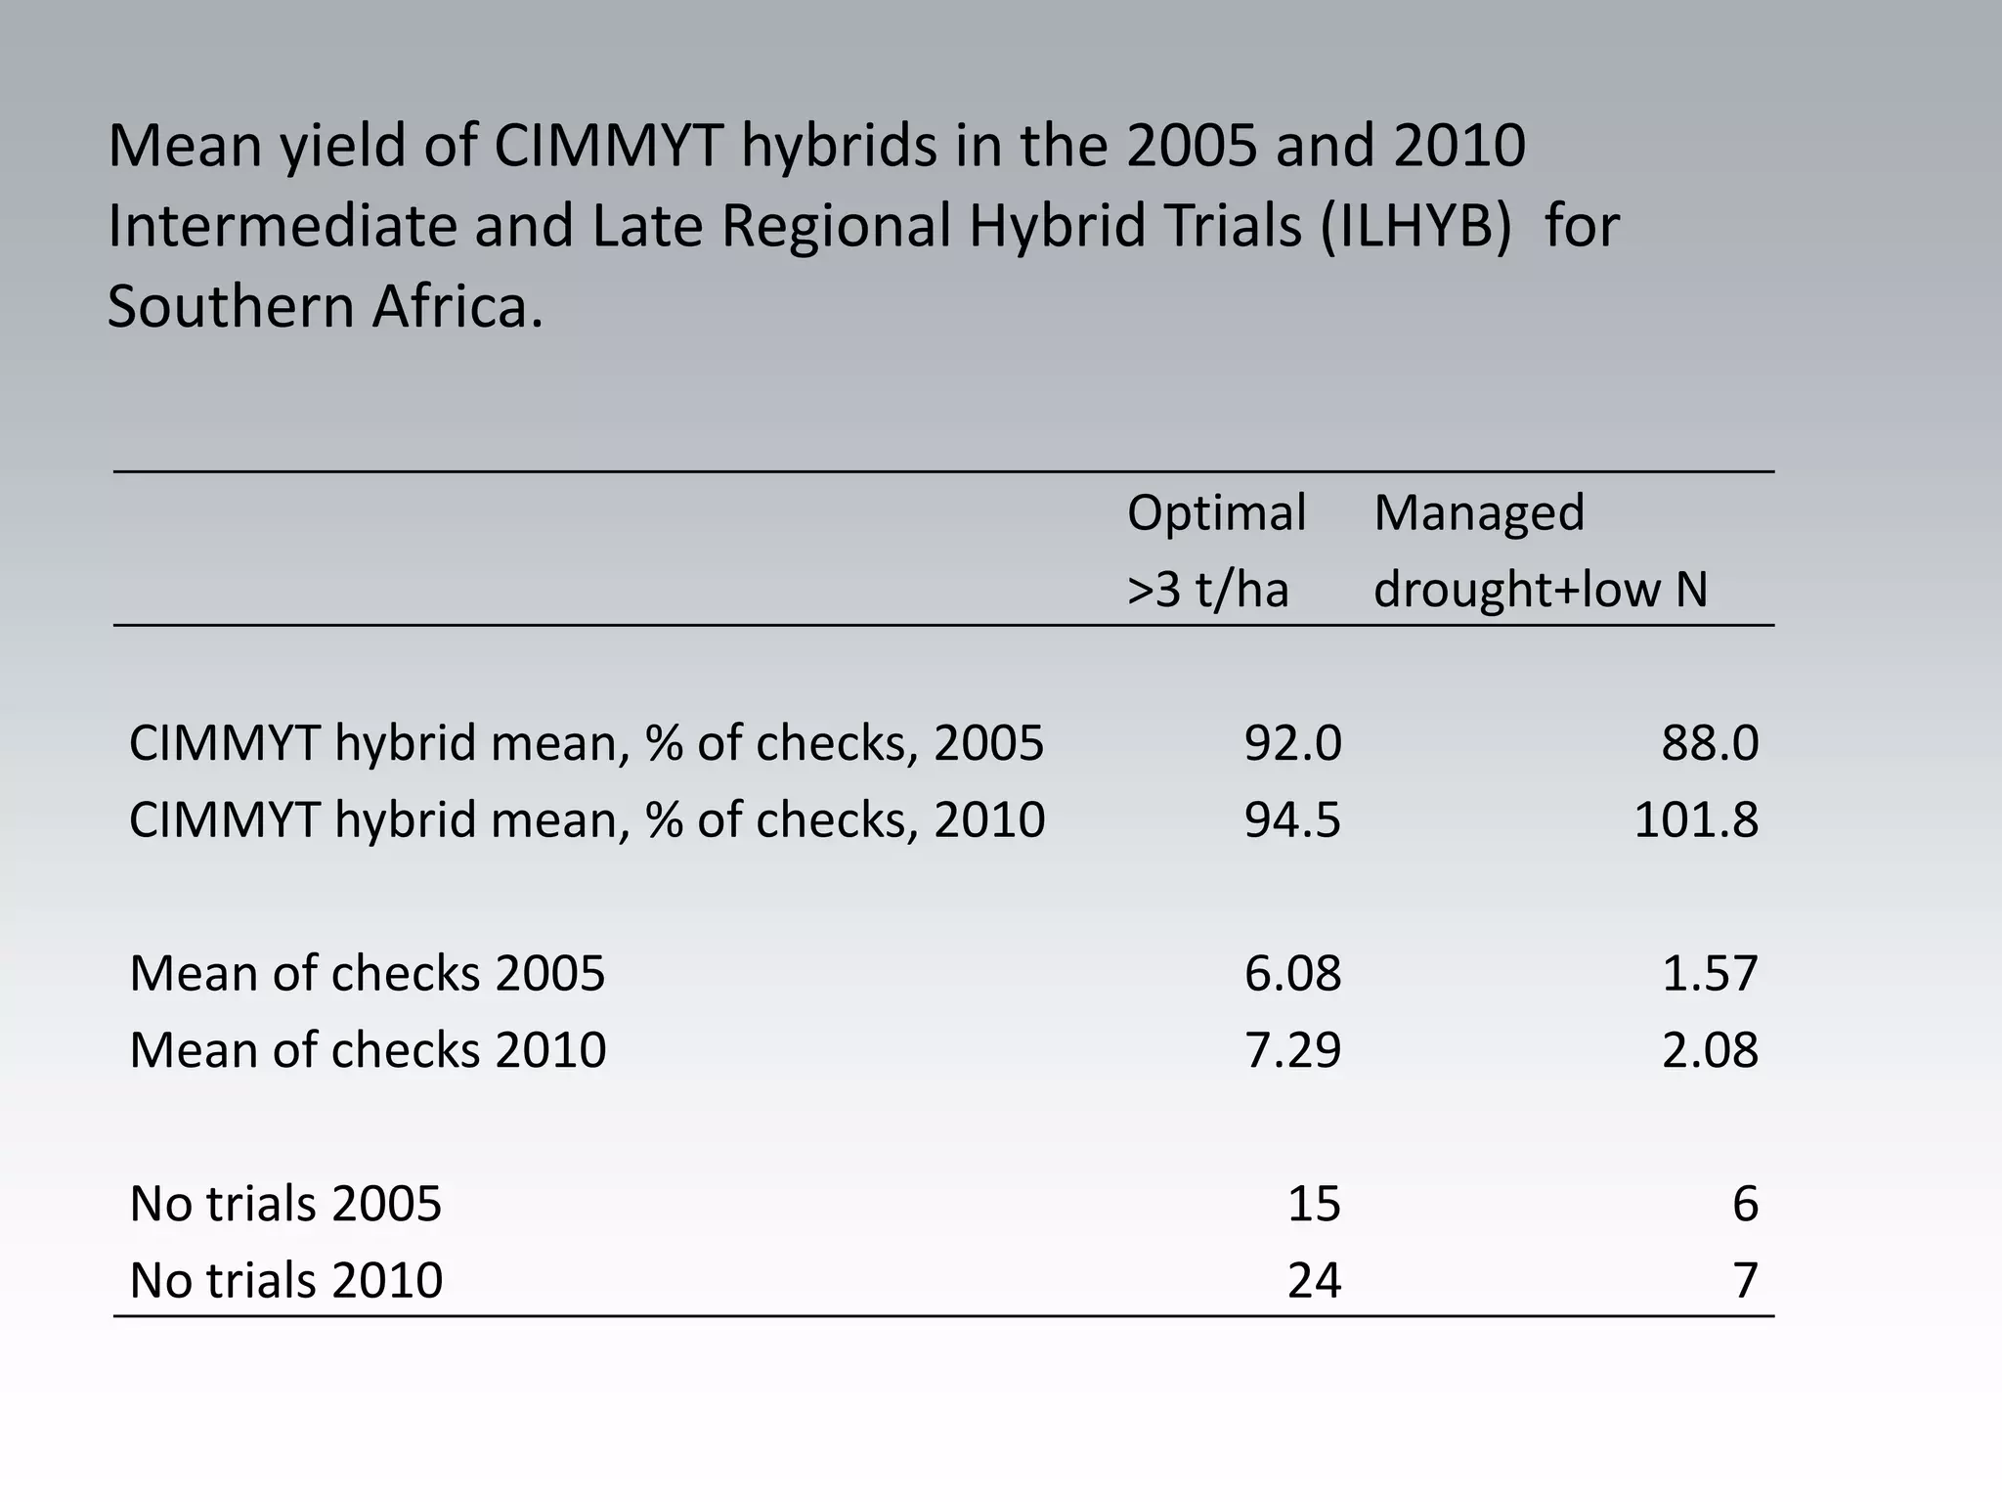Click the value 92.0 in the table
tap(1292, 743)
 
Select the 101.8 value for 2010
tap(1695, 819)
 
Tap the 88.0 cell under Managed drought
tap(1710, 743)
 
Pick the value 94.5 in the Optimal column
tap(1292, 819)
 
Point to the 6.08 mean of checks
tap(1292, 974)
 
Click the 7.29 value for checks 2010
tap(1292, 1050)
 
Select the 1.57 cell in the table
tap(1710, 974)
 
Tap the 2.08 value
tap(1710, 1050)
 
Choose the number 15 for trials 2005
tap(1314, 1204)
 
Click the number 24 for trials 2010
tap(1314, 1280)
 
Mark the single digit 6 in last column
tap(1745, 1204)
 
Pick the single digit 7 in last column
tap(1745, 1280)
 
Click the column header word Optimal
tap(1216, 513)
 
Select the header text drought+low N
tap(1541, 590)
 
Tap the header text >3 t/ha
tap(1207, 590)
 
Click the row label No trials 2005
tap(285, 1204)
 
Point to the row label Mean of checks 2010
tap(368, 1050)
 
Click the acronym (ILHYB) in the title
tap(1414, 226)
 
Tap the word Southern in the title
tap(230, 306)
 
